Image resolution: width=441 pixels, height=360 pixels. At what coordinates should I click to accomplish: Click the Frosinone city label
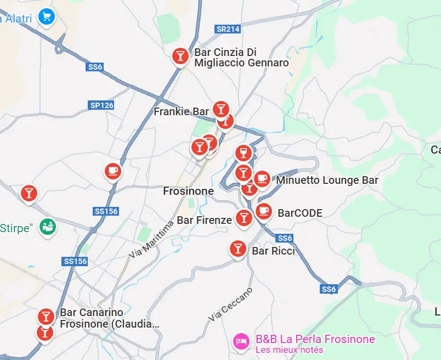pyautogui.click(x=188, y=191)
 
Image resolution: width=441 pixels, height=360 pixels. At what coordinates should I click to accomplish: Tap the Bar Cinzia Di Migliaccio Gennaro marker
pyautogui.click(x=180, y=56)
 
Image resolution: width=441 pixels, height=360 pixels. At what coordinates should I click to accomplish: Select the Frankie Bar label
pyautogui.click(x=181, y=112)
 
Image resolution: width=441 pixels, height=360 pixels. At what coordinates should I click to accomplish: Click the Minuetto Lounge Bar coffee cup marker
pyautogui.click(x=262, y=178)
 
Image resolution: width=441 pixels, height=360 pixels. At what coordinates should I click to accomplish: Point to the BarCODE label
pyautogui.click(x=299, y=213)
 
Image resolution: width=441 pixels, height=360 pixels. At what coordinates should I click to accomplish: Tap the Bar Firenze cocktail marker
pyautogui.click(x=244, y=218)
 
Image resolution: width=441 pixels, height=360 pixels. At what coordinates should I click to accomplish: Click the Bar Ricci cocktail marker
pyautogui.click(x=238, y=249)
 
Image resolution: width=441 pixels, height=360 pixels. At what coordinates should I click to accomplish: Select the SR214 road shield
pyautogui.click(x=228, y=29)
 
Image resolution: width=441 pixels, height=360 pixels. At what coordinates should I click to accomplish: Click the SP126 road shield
pyautogui.click(x=101, y=105)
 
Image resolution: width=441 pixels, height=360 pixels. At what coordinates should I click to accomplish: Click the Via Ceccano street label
pyautogui.click(x=230, y=304)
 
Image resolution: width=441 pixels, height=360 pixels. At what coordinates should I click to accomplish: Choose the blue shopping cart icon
pyautogui.click(x=47, y=17)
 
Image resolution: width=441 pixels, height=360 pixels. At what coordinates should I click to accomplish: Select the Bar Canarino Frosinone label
pyautogui.click(x=109, y=318)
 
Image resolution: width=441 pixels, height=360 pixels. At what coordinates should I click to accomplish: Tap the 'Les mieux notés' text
pyautogui.click(x=289, y=350)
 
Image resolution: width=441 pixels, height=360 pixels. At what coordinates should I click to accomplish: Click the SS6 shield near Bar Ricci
pyautogui.click(x=285, y=238)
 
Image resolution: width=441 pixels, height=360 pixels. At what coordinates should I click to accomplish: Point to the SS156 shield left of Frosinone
pyautogui.click(x=106, y=211)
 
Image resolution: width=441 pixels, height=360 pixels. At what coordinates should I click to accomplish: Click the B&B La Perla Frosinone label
pyautogui.click(x=315, y=339)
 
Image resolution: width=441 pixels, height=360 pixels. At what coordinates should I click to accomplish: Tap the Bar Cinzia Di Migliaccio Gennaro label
pyautogui.click(x=241, y=58)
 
